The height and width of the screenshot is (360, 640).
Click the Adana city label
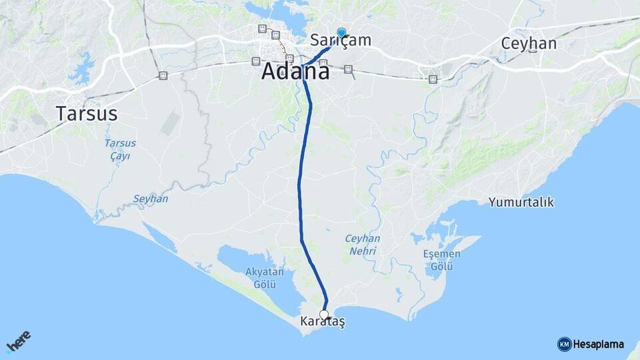coord(295,71)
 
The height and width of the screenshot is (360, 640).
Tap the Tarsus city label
coord(87,113)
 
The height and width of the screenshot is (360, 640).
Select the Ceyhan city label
coord(529,43)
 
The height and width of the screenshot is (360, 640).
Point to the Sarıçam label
coord(341,41)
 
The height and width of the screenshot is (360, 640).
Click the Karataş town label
coord(323,322)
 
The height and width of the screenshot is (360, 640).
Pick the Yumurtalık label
coord(521,202)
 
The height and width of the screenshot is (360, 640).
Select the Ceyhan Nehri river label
coord(362,245)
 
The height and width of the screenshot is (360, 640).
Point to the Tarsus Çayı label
coord(121,149)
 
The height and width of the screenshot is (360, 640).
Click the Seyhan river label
coord(151,199)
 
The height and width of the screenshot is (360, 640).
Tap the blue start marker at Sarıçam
coord(341,32)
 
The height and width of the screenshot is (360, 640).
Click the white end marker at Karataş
coord(324,314)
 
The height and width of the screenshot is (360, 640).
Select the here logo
coord(19,340)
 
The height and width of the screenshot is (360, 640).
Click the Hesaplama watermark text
coord(599,344)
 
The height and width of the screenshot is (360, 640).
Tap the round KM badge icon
coord(564,344)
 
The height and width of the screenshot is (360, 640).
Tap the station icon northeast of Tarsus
coord(163,76)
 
